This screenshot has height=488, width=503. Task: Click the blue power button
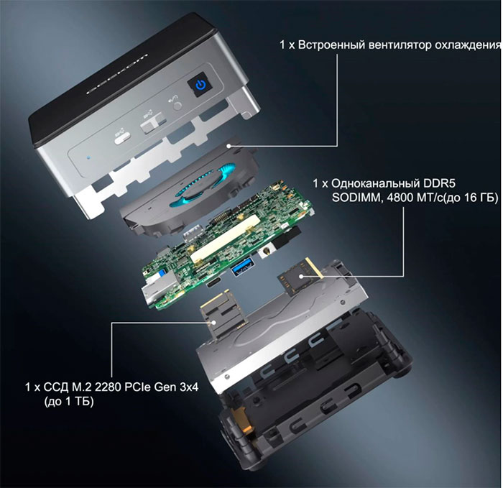200,85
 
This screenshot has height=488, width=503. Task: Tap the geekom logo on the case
117,74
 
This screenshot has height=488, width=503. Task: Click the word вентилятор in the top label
399,45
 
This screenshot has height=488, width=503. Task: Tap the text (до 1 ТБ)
69,402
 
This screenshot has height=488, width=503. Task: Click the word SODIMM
358,198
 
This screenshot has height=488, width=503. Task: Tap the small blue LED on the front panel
89,158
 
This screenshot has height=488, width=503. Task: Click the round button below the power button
177,106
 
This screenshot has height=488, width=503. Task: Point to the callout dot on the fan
228,147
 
